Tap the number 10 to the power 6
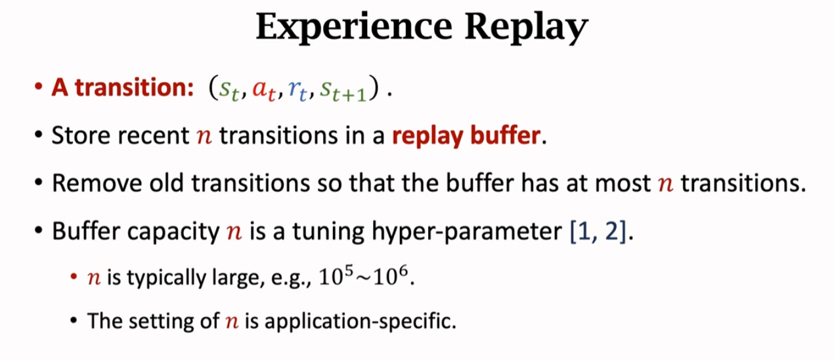point(395,279)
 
